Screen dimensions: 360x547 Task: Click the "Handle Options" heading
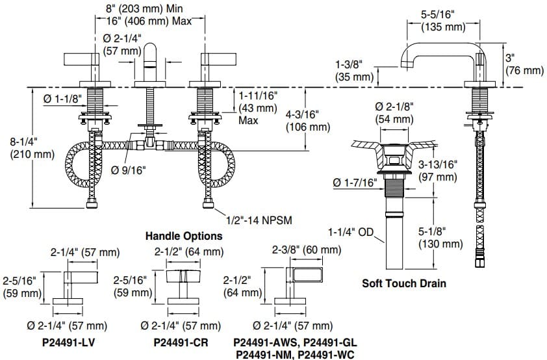[x=183, y=236]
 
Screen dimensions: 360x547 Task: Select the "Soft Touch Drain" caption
[x=404, y=283]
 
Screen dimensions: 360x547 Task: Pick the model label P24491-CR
[x=178, y=341]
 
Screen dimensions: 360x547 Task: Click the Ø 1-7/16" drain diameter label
[x=355, y=183]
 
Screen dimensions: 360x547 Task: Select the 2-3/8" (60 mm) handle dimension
[x=306, y=250]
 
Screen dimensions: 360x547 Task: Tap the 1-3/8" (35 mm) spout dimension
[x=355, y=71]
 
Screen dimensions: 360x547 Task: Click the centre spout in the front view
[x=151, y=65]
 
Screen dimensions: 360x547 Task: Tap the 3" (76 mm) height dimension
[x=524, y=64]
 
